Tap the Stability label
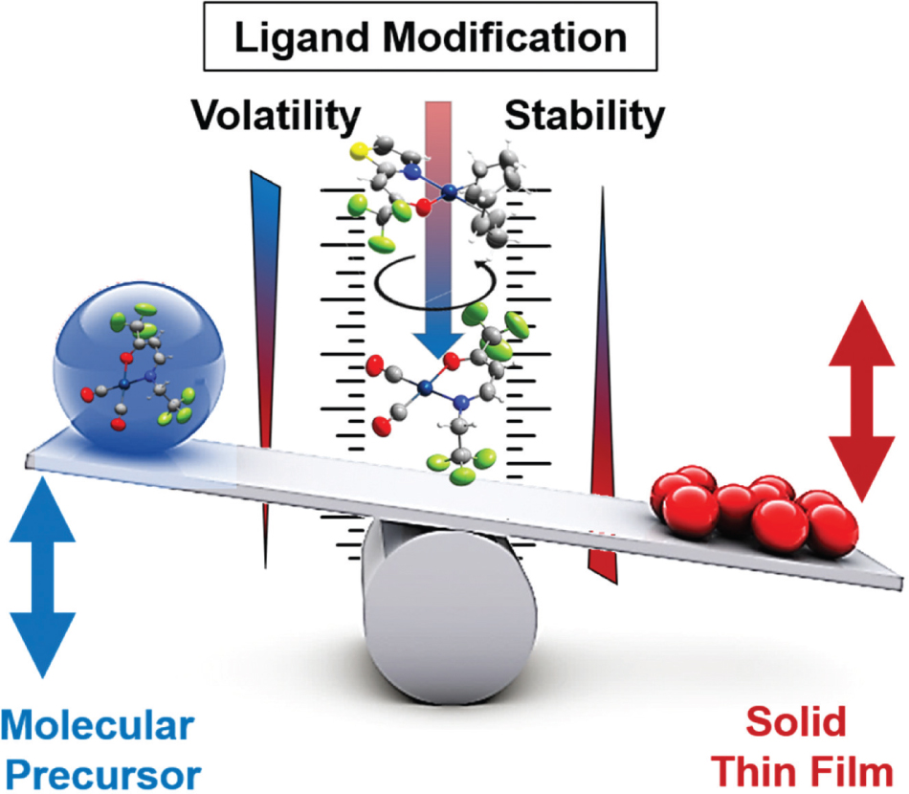(x=585, y=117)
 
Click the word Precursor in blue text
(x=100, y=771)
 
